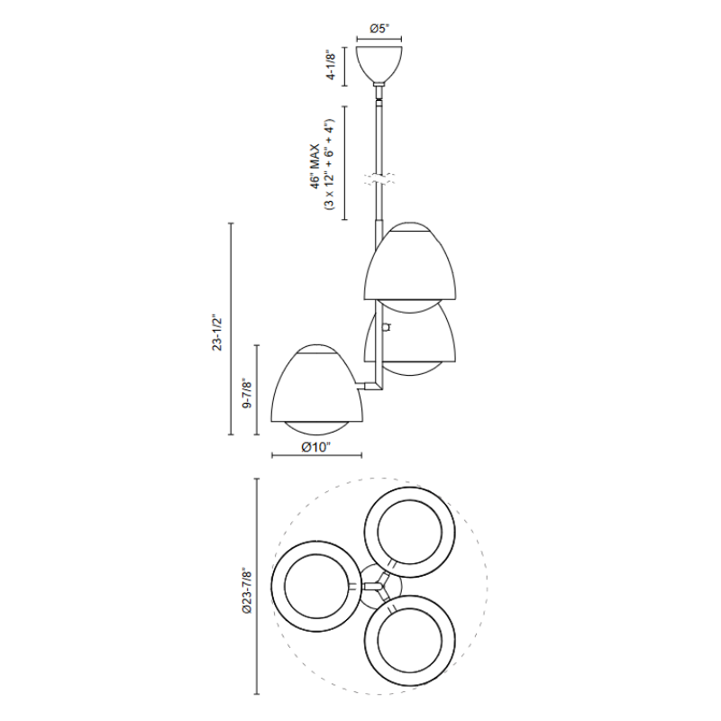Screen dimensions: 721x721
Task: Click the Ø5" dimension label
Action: pyautogui.click(x=379, y=29)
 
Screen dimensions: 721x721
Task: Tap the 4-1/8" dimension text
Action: pyautogui.click(x=331, y=65)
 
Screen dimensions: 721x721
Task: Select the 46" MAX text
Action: pyautogui.click(x=315, y=167)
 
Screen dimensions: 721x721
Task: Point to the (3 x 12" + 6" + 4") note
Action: pyautogui.click(x=330, y=165)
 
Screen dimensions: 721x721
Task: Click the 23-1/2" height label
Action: pyautogui.click(x=216, y=333)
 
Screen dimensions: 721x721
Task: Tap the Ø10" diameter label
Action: pyautogui.click(x=316, y=447)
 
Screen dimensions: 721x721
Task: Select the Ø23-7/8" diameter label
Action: pyautogui.click(x=247, y=590)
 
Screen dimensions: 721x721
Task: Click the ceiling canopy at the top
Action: pyautogui.click(x=379, y=65)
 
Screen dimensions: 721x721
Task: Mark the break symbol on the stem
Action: pyautogui.click(x=379, y=179)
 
